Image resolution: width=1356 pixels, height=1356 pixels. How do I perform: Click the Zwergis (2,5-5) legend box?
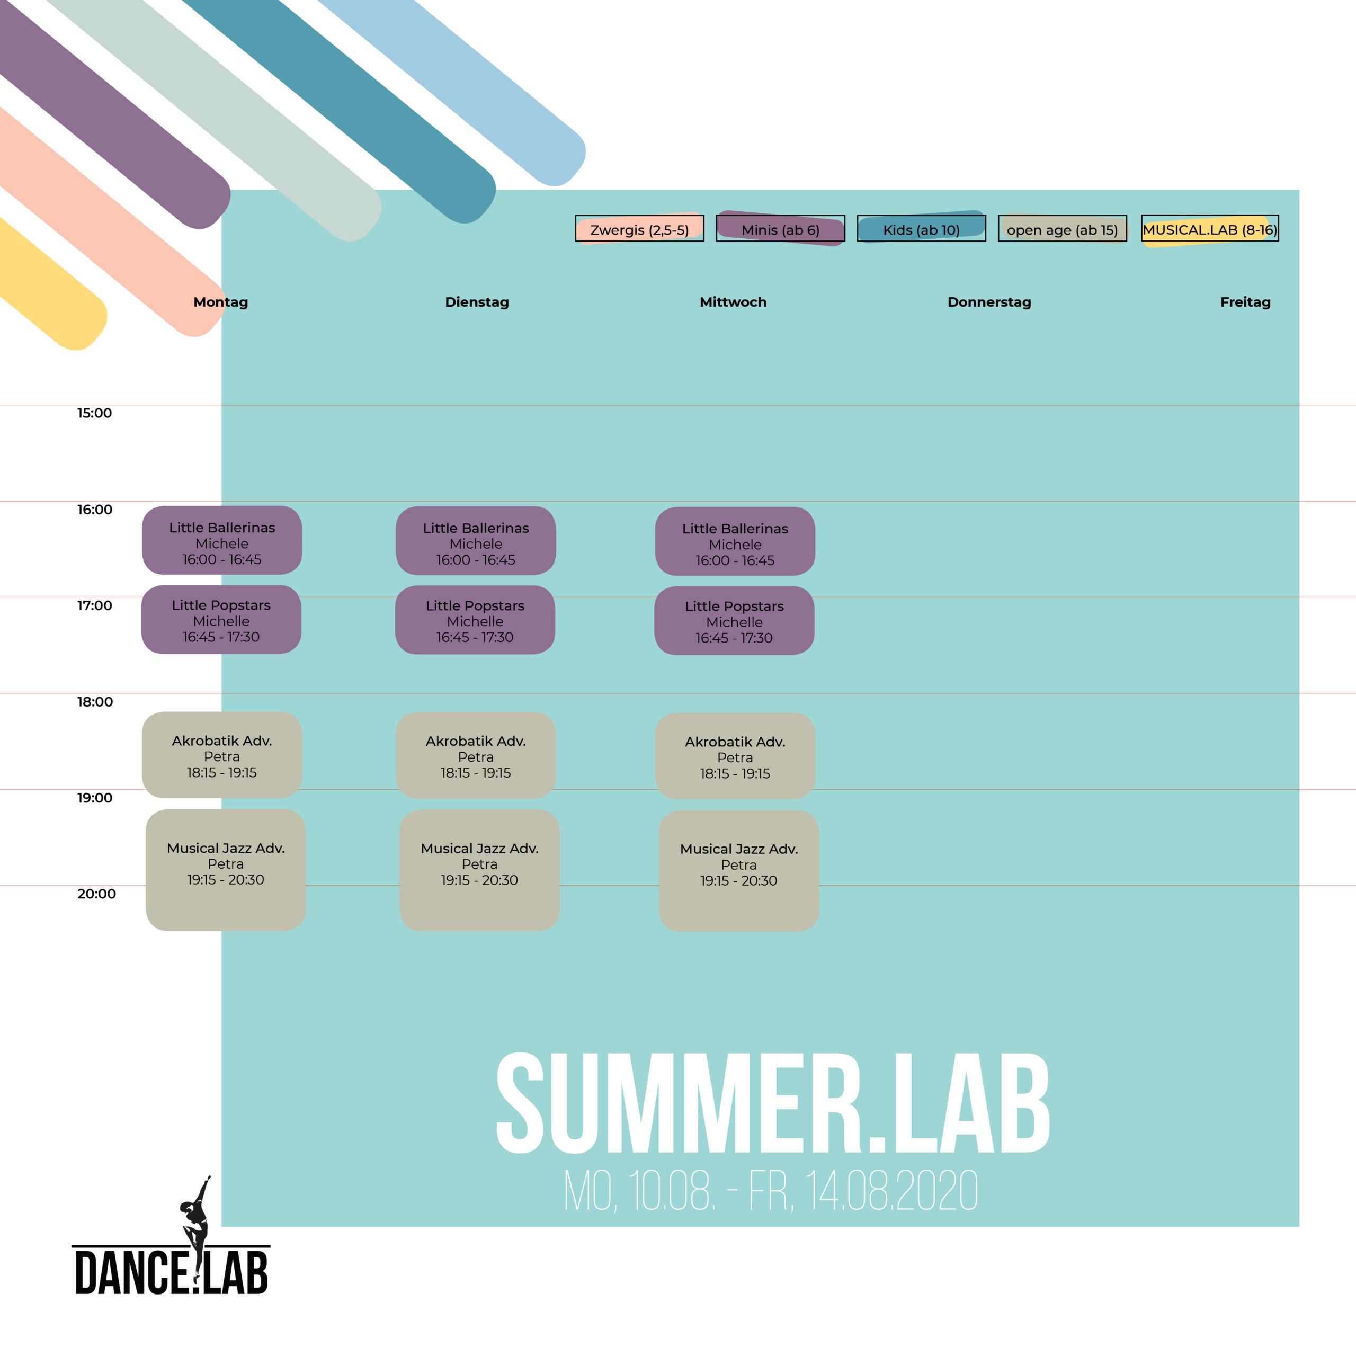[x=639, y=229]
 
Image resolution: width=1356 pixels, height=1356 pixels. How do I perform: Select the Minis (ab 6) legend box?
[x=780, y=229]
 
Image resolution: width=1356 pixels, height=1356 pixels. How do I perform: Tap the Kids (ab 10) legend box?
[x=922, y=229]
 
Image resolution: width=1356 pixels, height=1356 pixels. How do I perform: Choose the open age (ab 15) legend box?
[x=1063, y=229]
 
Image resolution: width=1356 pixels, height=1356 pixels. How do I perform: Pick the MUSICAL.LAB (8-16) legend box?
[x=1210, y=229]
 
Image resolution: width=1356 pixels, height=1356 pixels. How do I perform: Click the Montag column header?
[x=221, y=302]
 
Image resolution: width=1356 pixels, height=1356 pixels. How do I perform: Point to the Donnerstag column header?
[x=989, y=302]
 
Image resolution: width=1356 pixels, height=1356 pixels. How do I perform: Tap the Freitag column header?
[x=1246, y=302]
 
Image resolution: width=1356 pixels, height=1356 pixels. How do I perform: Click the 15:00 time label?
[x=95, y=413]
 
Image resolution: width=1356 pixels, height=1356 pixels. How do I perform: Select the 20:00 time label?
[x=96, y=894]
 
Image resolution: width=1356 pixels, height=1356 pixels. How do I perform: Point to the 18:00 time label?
[x=95, y=702]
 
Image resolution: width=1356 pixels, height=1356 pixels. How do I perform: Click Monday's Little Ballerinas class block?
[x=222, y=540]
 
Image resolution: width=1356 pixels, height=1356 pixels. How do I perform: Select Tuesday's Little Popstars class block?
[x=475, y=620]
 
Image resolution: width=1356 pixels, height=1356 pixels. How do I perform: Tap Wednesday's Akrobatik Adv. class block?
[x=735, y=756]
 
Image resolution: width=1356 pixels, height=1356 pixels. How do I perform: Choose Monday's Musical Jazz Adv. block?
[x=225, y=870]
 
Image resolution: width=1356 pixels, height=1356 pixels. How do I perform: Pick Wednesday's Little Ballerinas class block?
[x=735, y=541]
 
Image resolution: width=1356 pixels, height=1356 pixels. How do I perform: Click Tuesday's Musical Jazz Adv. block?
[x=479, y=870]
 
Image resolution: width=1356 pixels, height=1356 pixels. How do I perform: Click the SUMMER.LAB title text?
[x=773, y=1103]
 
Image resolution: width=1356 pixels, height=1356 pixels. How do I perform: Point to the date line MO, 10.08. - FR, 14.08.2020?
[x=771, y=1191]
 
